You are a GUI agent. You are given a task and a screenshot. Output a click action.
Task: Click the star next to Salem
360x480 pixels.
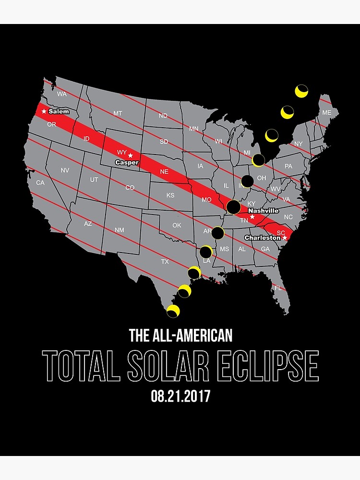tap(44, 111)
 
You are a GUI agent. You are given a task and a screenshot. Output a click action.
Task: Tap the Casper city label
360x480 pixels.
tap(127, 163)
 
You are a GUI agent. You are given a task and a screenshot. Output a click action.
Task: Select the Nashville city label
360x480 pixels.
tap(263, 211)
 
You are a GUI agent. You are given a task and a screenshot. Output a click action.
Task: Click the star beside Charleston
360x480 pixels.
tap(285, 238)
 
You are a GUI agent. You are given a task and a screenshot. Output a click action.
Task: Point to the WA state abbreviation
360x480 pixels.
tap(61, 94)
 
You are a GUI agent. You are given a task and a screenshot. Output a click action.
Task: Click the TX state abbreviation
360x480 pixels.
tap(165, 262)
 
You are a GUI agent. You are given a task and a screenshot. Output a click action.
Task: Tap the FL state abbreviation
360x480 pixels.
tap(278, 288)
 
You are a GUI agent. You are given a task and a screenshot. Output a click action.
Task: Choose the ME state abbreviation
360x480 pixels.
tap(326, 112)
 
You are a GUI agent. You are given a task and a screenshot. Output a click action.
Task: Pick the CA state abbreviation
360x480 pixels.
tap(40, 182)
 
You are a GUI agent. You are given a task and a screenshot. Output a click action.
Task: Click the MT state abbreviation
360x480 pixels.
tap(118, 113)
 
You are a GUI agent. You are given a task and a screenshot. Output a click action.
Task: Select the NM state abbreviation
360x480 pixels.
tap(120, 230)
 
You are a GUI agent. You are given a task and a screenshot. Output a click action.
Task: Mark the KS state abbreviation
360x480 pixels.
tap(170, 195)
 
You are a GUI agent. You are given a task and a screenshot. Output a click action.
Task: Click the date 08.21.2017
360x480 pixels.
tap(180, 396)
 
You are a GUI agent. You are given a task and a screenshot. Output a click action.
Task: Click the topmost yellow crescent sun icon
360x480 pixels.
tap(301, 91)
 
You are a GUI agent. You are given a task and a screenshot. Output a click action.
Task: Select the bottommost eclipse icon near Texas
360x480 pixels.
tap(173, 311)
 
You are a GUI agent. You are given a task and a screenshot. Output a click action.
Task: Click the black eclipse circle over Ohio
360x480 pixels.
tap(247, 181)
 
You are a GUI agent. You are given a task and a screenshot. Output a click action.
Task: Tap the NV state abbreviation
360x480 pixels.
tap(65, 170)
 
